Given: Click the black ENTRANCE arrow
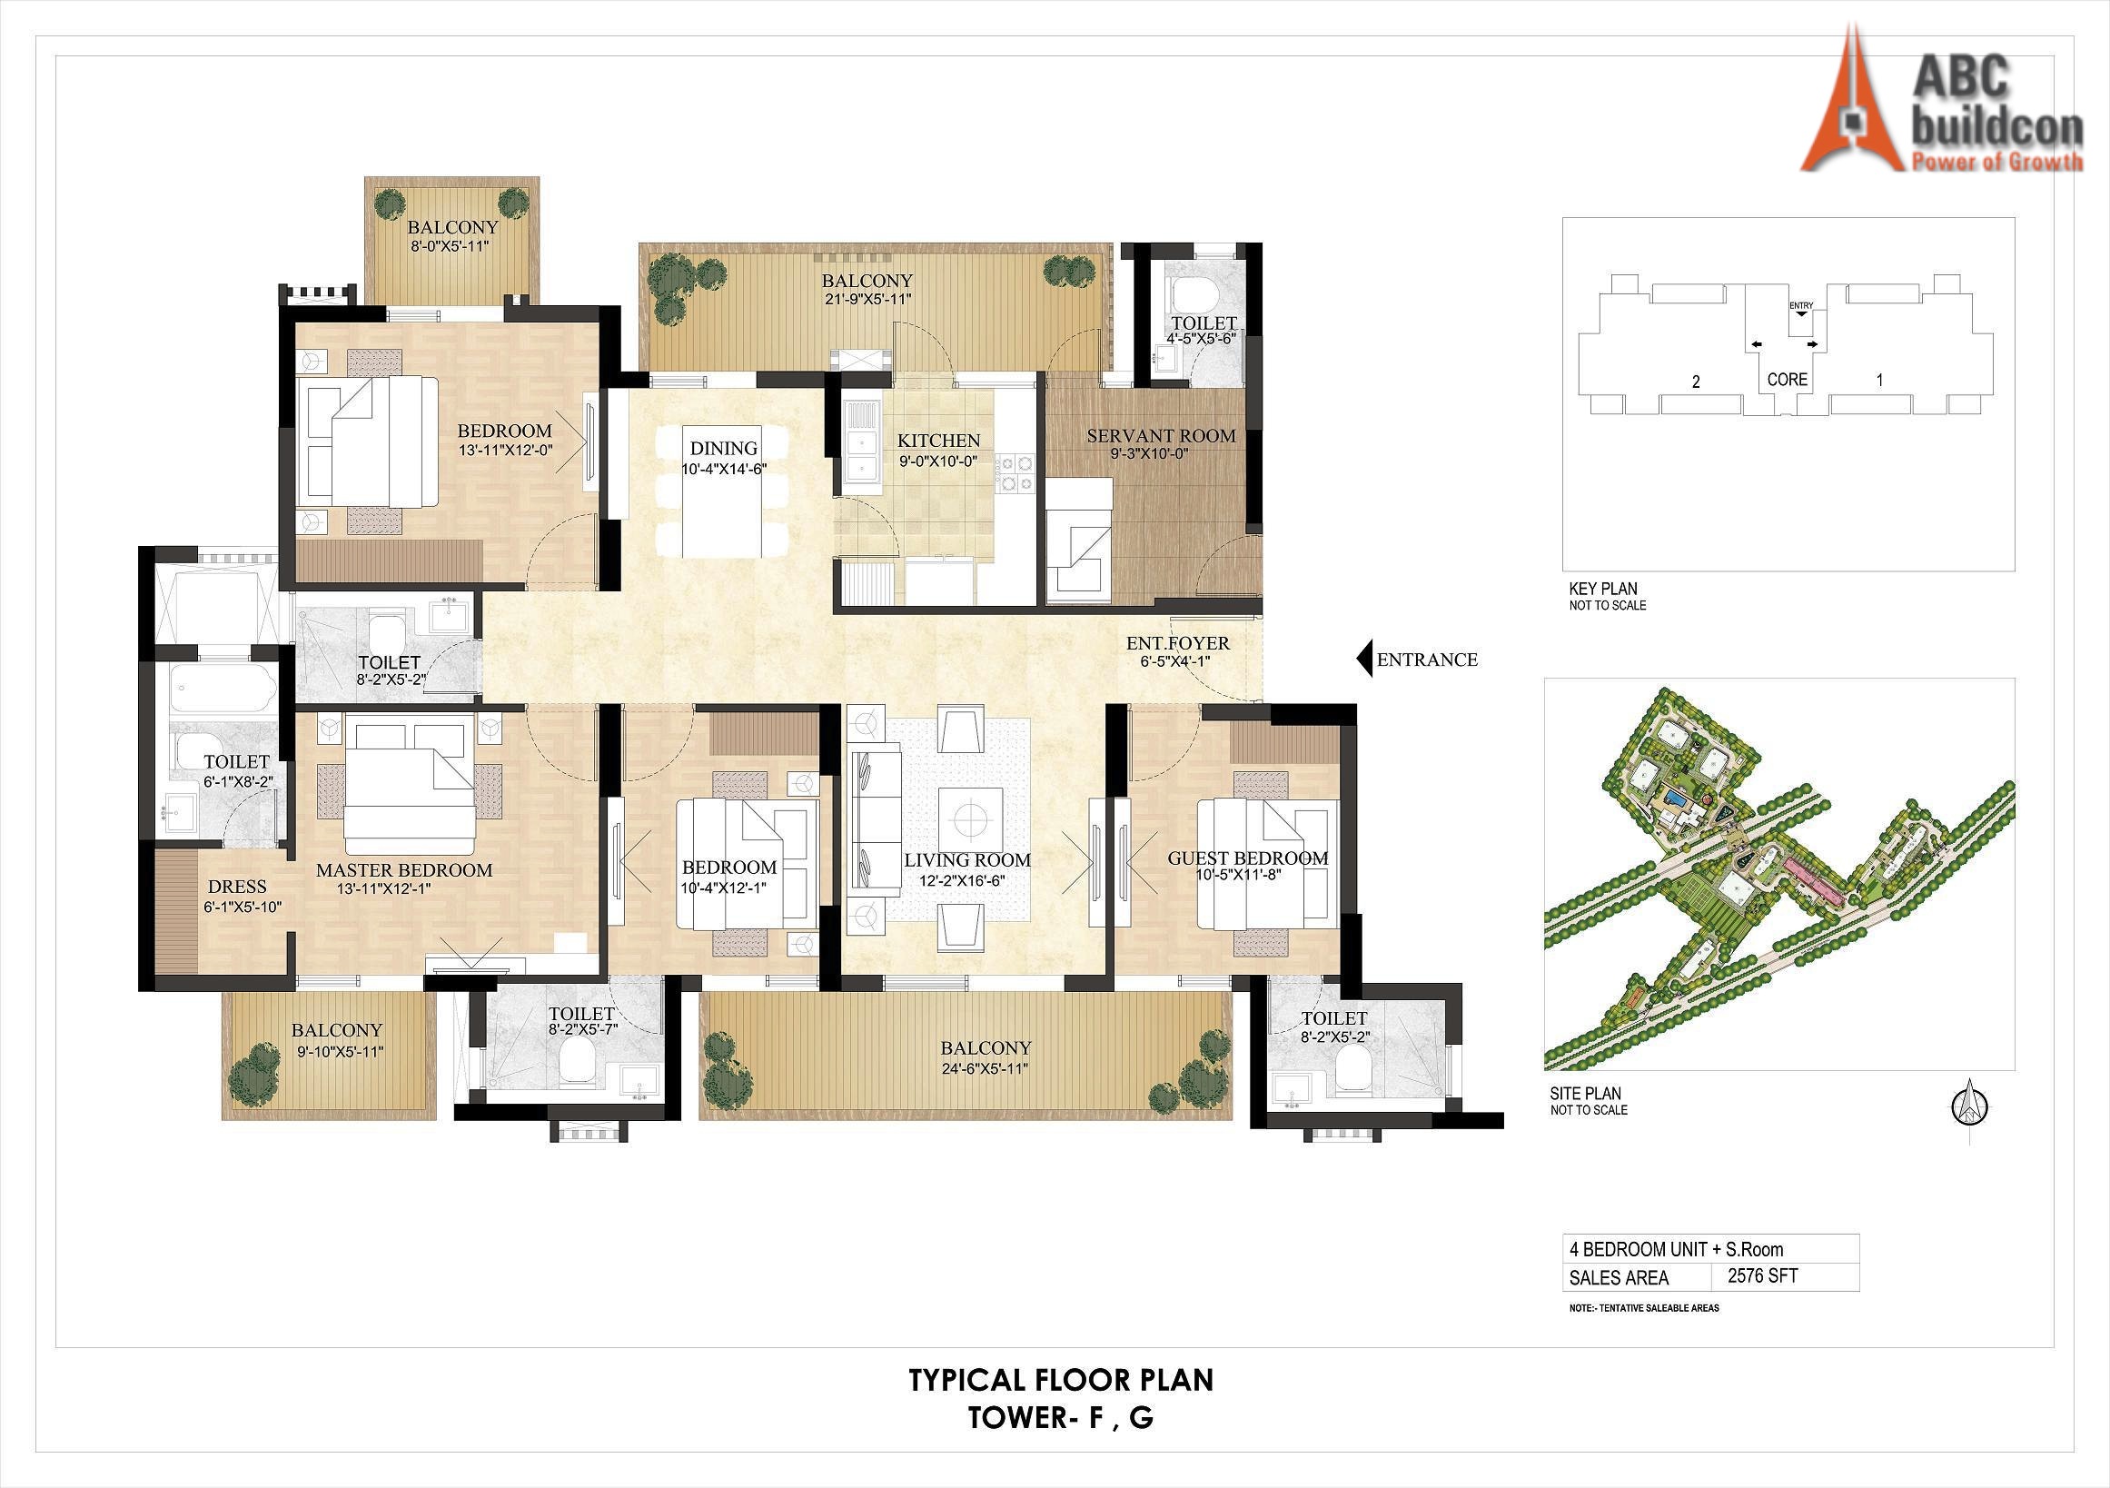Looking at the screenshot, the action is pyautogui.click(x=1364, y=658).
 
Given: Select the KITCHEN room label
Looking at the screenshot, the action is pyautogui.click(x=938, y=441).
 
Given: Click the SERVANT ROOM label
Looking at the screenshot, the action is pyautogui.click(x=1161, y=436).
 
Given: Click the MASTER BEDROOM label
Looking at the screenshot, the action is pyautogui.click(x=404, y=869).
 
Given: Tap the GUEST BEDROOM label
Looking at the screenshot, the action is pyautogui.click(x=1247, y=858).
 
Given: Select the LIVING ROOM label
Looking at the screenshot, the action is pyautogui.click(x=966, y=860).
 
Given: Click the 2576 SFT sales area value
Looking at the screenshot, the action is pyautogui.click(x=1763, y=1275).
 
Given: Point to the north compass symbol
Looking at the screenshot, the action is pyautogui.click(x=1969, y=1107).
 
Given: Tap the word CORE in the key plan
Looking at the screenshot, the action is pyautogui.click(x=1788, y=380).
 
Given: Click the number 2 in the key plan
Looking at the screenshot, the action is pyautogui.click(x=1696, y=382).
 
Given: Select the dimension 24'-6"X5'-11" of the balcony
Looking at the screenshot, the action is pyautogui.click(x=986, y=1069).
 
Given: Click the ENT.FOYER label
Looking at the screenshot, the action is pyautogui.click(x=1177, y=643).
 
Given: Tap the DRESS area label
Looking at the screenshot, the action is pyautogui.click(x=237, y=887).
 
